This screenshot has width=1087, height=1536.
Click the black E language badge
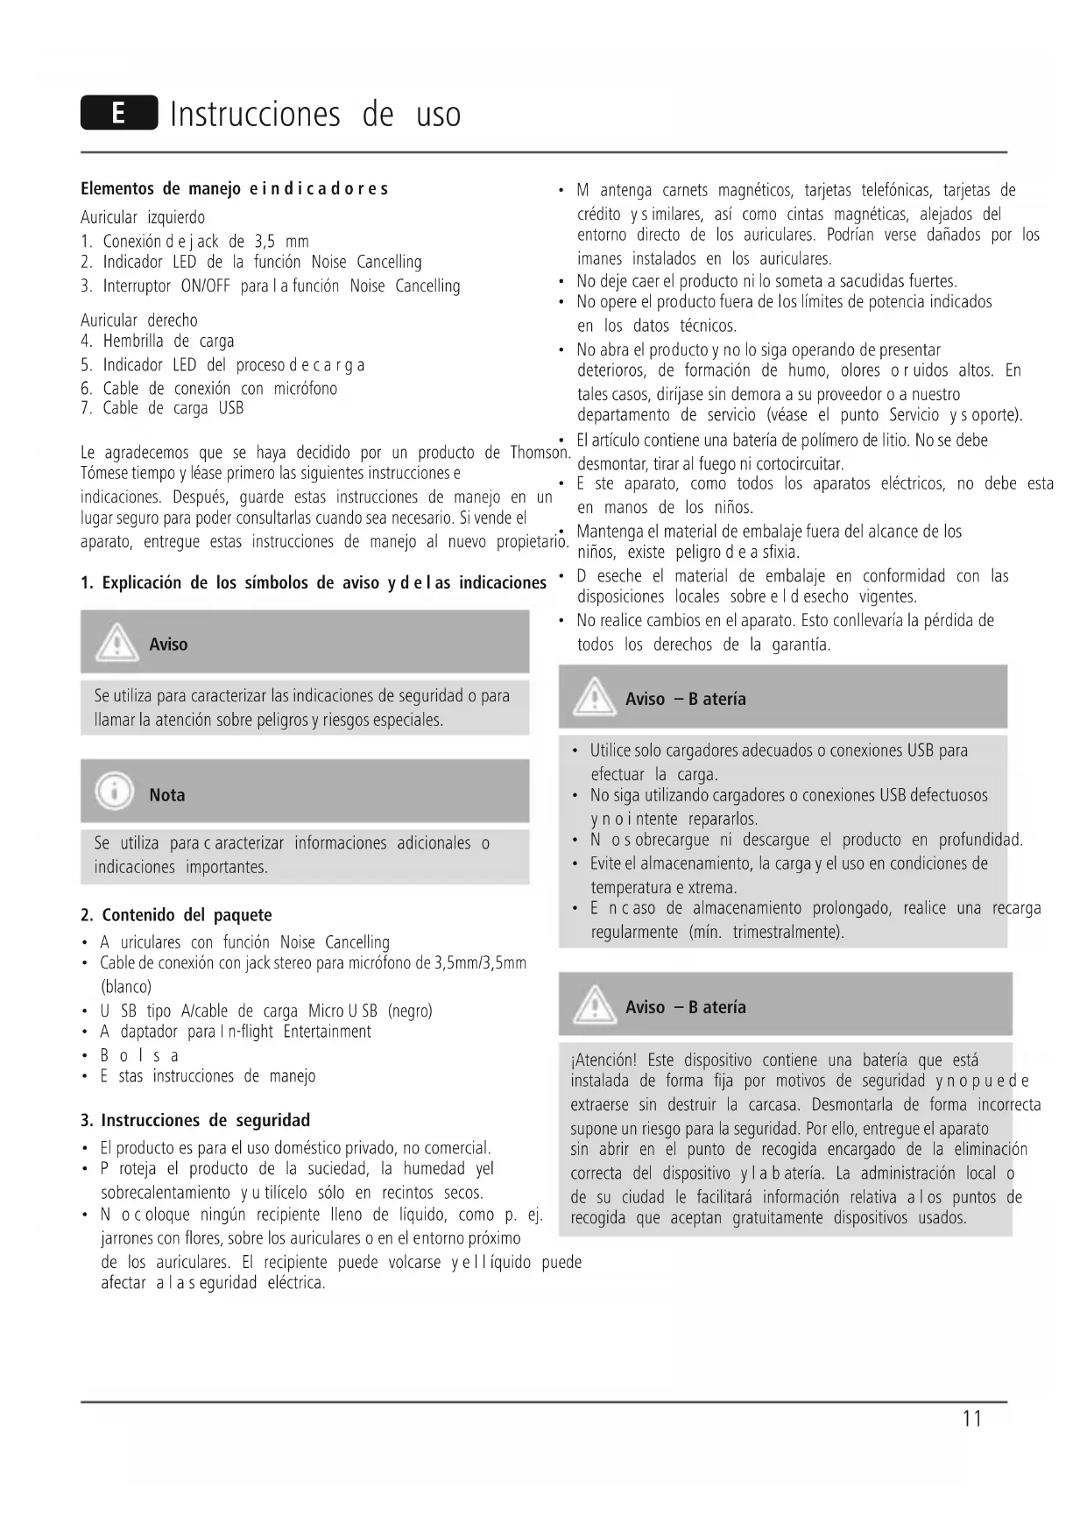point(119,114)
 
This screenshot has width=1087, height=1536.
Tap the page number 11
point(971,1419)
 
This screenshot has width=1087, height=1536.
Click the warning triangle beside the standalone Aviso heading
point(116,645)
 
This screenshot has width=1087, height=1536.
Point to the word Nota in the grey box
point(166,795)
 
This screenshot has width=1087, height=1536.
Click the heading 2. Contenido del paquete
point(175,915)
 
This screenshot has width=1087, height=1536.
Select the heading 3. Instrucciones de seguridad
point(194,1120)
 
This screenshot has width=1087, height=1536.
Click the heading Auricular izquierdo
point(142,217)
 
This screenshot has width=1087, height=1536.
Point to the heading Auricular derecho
point(138,321)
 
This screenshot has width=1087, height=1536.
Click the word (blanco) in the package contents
point(126,987)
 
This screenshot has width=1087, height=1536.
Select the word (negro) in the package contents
point(410,1011)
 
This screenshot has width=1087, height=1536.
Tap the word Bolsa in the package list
point(139,1055)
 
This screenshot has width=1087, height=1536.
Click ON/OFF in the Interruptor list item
point(206,286)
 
